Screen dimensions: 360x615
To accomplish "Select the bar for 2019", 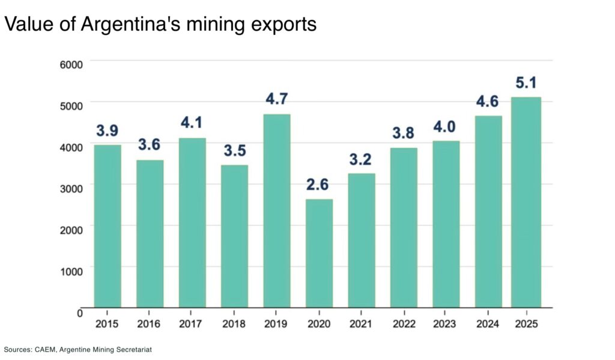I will [277, 211].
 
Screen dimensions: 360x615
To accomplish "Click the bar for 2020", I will [319, 253].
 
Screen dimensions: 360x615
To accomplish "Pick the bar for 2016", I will [150, 234].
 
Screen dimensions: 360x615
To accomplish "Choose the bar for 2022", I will [404, 228].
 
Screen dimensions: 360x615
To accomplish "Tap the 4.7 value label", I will [277, 99].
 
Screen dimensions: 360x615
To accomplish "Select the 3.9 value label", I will [108, 130].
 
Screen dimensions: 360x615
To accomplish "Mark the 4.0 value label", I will [446, 126].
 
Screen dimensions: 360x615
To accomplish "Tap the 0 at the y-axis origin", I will [79, 313].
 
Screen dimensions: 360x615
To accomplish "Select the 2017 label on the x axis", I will [192, 324].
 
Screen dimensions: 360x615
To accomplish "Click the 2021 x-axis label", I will [361, 324].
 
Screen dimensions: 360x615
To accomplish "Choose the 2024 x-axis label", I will [488, 324].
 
